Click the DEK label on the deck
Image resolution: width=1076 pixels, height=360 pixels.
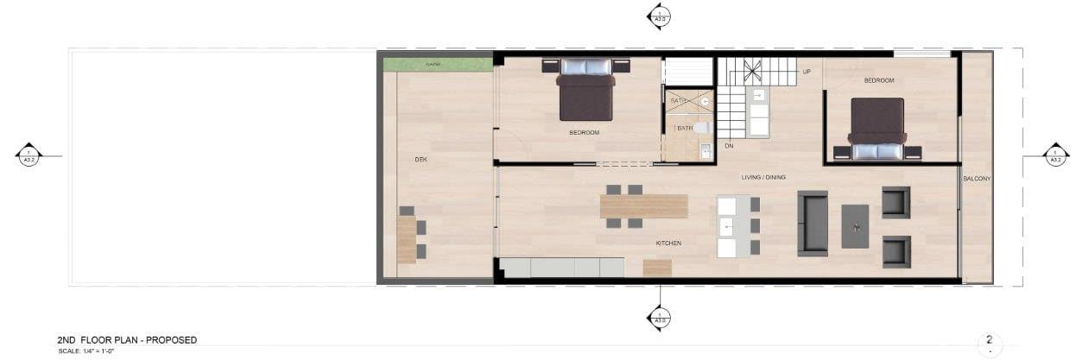pos(421,160)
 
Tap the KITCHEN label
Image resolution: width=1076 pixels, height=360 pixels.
pos(668,243)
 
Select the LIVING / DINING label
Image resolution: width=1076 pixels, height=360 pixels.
pos(763,178)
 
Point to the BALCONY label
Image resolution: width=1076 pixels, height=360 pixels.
pos(977,179)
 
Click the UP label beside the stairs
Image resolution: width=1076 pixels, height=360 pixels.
pos(807,72)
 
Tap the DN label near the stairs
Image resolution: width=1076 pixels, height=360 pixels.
pos(729,146)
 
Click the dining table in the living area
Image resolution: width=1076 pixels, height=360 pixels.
pos(643,206)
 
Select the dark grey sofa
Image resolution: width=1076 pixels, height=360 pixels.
pos(812,223)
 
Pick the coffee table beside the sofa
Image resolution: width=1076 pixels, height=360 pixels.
pos(855,226)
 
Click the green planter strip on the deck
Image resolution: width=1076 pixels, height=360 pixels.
pos(437,65)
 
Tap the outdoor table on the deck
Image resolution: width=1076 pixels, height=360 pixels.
pos(407,239)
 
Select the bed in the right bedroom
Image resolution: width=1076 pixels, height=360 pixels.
pos(877,129)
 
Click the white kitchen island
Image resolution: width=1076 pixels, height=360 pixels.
pos(733,226)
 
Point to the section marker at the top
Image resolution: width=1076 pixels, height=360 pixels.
pos(659,16)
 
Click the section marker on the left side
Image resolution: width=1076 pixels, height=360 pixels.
pos(28,155)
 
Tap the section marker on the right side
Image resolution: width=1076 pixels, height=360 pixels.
pos(1055,155)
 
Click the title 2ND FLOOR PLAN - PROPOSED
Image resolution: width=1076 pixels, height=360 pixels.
pos(127,340)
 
